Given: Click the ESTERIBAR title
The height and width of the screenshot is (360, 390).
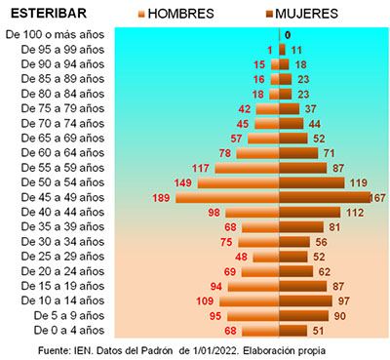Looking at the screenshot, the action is [x=49, y=14].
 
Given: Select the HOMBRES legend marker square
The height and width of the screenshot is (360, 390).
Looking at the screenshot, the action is [x=141, y=14].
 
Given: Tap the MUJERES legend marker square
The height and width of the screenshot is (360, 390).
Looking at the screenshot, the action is [x=269, y=14].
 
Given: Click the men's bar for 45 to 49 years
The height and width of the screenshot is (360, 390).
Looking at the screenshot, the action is [x=227, y=198].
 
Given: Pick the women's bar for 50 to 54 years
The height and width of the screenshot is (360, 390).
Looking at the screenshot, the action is [x=312, y=182].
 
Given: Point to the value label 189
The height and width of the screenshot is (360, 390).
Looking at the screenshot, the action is [x=161, y=198].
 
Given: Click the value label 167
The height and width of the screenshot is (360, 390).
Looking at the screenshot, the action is [x=377, y=198].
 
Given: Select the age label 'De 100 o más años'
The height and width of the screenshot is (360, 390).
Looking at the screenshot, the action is [x=55, y=34].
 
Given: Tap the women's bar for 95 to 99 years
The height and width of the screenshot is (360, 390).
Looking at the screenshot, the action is [x=282, y=50].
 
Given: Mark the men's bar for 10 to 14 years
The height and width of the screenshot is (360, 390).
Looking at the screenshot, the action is [x=250, y=301].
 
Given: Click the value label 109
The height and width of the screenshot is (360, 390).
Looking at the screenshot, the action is [x=205, y=301].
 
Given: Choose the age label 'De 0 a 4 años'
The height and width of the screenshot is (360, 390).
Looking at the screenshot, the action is [x=69, y=331].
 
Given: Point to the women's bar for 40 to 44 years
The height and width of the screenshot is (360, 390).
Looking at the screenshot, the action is [x=310, y=213].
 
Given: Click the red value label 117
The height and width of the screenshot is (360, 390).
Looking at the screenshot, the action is [x=201, y=168].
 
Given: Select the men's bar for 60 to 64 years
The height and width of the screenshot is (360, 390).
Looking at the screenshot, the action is [x=257, y=153].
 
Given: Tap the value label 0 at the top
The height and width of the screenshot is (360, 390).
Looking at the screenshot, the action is [x=288, y=35].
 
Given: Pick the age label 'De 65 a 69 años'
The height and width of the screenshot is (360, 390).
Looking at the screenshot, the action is [x=62, y=139].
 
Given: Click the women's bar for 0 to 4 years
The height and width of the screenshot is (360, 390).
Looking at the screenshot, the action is [x=293, y=331].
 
